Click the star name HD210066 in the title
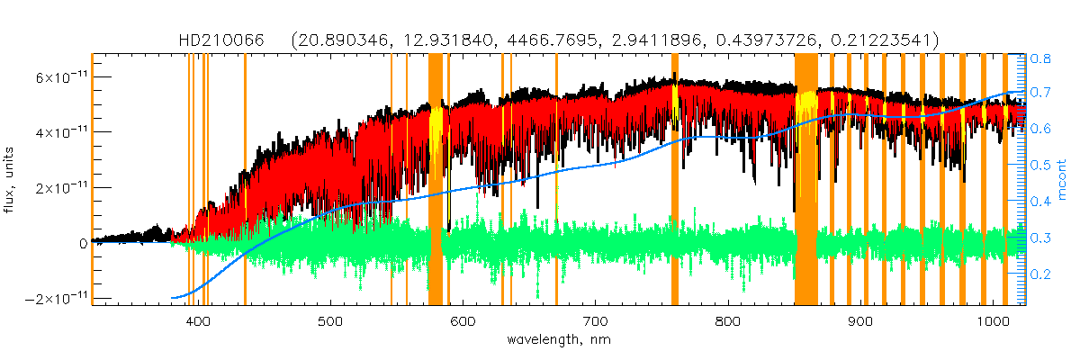coord(214,40)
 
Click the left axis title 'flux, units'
coord(10,180)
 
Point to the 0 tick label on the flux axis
coord(82,243)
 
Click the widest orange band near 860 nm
coord(805,180)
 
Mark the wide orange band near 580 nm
coord(436,180)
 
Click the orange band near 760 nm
coord(675,180)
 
